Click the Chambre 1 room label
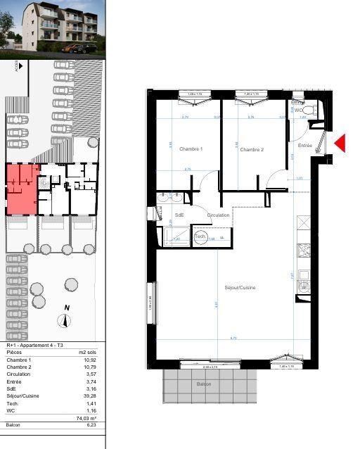191,149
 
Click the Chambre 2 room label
251,149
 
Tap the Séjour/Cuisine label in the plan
240,288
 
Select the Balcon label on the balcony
203,384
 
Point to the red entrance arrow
339,144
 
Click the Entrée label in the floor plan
304,146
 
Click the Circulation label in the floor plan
218,215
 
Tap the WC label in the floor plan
298,110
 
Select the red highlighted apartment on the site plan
21,189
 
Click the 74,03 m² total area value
86,418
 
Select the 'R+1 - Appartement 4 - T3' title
34,346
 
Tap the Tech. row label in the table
13,403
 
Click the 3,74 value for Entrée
89,382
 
